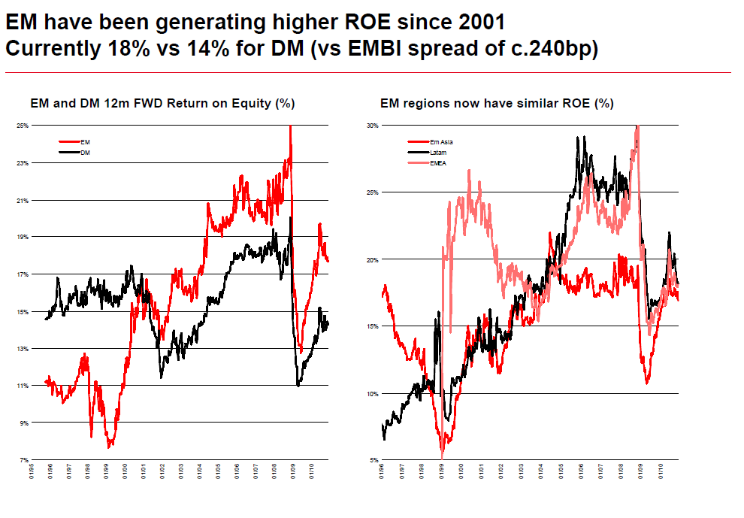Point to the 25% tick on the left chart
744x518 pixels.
pos(23,126)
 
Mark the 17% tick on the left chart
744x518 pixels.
pos(23,274)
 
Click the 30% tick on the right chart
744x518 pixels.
pos(370,126)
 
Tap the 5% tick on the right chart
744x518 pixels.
pos(372,460)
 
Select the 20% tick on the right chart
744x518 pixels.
pos(370,259)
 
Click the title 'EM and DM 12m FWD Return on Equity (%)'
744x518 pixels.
pos(162,103)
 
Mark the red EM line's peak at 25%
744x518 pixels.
pos(290,127)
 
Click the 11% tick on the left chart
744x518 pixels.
pos(23,386)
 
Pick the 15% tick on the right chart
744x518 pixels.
pos(370,326)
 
